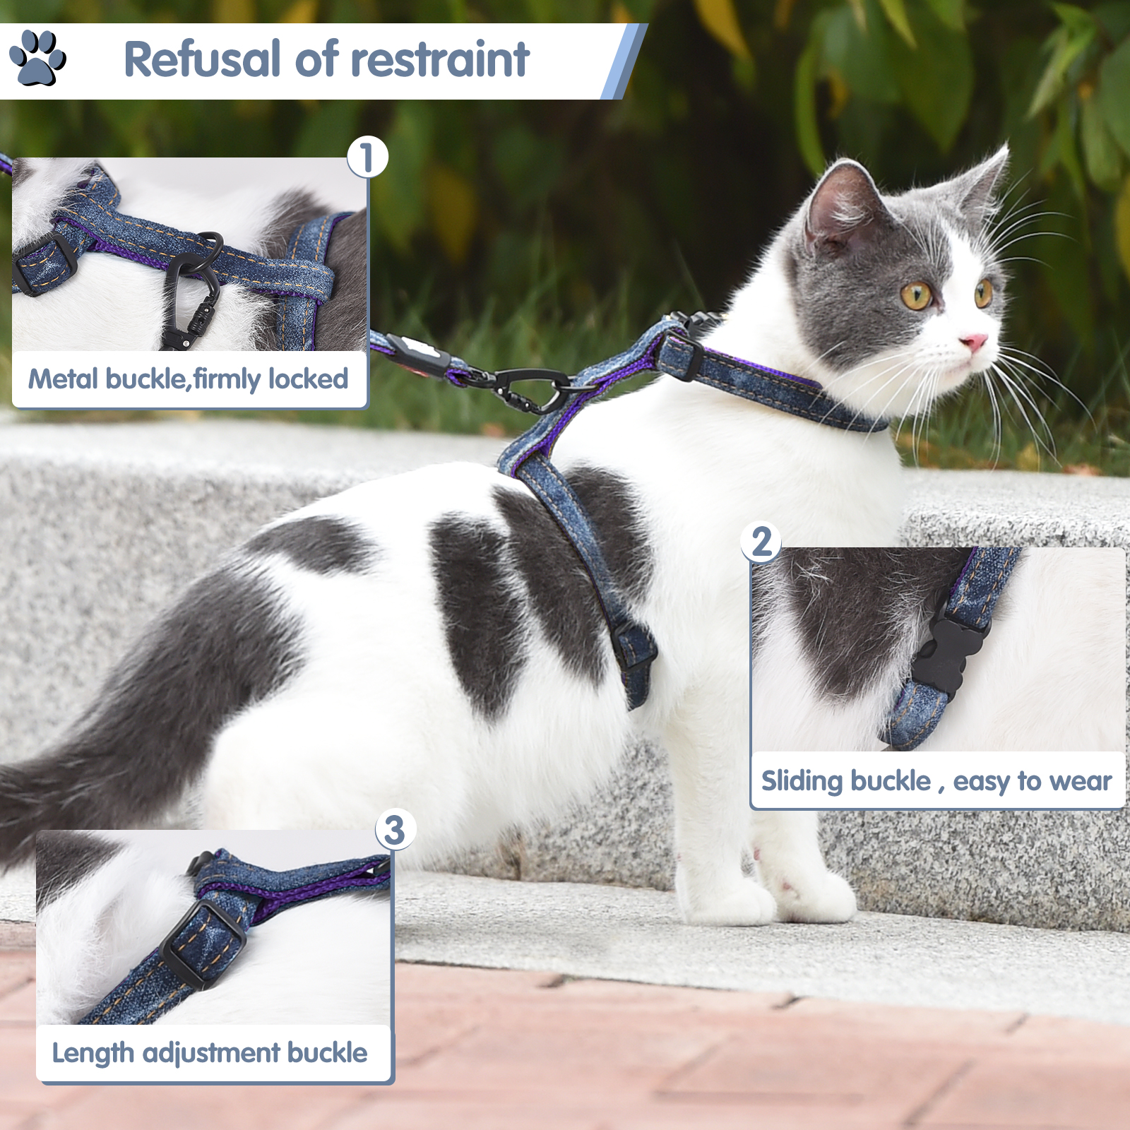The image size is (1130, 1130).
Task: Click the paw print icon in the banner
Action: point(37,58)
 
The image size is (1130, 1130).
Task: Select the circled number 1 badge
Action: point(367,157)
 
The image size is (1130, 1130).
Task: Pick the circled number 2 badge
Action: point(761,542)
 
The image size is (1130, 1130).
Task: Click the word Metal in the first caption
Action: point(64,379)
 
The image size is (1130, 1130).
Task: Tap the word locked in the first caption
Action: point(308,379)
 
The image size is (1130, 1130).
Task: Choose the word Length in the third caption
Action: point(93,1052)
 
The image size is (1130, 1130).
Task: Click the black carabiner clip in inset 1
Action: point(189,297)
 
